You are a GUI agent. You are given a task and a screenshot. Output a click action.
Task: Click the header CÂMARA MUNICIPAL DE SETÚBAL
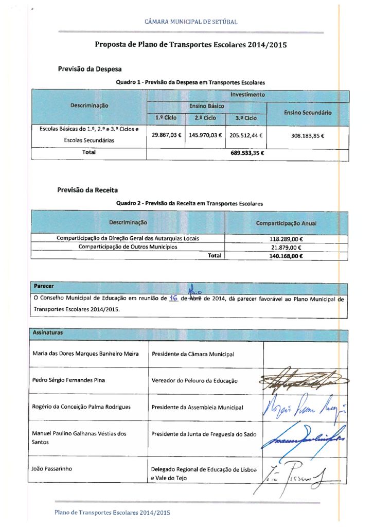point(191,22)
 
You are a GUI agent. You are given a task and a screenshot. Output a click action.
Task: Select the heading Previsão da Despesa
point(90,69)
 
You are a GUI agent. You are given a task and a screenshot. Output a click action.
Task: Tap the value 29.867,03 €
point(165,135)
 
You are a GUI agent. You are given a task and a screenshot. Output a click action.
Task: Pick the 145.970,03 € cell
point(205,135)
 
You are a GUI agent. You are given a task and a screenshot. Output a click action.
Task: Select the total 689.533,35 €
point(247,153)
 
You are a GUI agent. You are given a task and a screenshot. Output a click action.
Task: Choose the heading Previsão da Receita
point(87,190)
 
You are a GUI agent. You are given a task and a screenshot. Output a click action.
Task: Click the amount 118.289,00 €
point(286,239)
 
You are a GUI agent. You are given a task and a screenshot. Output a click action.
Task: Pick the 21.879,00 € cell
point(286,247)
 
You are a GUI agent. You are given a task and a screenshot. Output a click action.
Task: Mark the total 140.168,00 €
point(286,256)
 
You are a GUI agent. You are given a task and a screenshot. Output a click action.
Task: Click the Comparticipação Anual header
point(286,223)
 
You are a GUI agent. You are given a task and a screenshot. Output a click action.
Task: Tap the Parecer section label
point(44,286)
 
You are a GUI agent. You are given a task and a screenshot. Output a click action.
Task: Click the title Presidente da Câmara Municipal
point(193,354)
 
